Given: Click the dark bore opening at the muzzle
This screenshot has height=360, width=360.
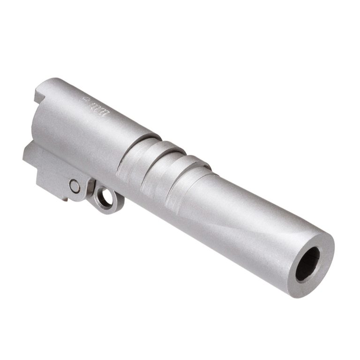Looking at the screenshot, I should pyautogui.click(x=307, y=263).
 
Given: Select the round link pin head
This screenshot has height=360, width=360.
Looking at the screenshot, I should pyautogui.click(x=75, y=186).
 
